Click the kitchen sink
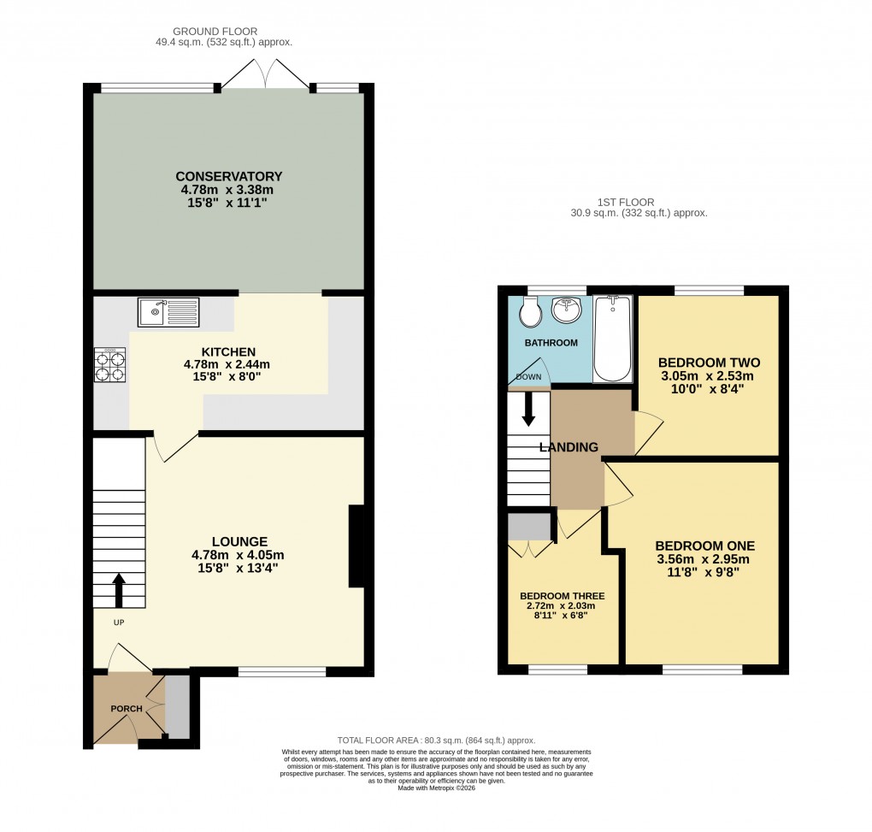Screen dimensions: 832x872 168,312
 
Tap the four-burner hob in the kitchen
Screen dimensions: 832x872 110,366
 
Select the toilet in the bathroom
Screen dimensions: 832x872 530,314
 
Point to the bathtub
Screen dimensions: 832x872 612,339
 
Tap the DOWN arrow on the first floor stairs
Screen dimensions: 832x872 528,409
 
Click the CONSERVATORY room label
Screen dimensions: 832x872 228,176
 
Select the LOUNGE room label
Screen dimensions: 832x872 239,541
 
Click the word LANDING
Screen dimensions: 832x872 569,447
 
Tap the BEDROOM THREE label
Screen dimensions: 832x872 563,596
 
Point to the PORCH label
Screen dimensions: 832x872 126,709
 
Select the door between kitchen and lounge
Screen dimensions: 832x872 175,446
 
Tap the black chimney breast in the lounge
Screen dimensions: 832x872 356,546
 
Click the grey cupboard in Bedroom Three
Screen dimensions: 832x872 528,527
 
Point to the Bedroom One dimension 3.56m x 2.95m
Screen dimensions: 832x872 704,560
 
